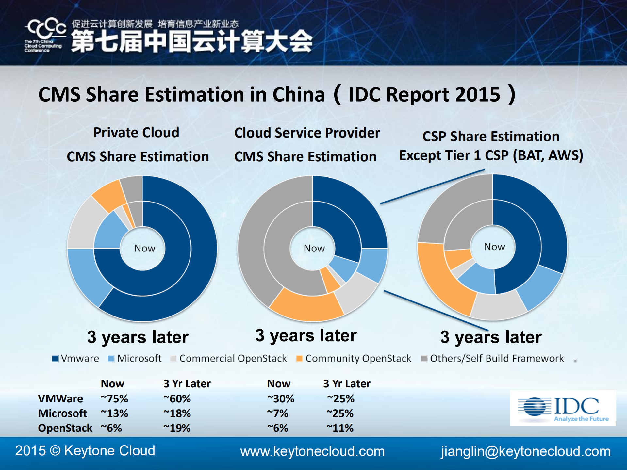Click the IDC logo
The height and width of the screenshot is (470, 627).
563,408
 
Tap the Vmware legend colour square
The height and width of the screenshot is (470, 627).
55,359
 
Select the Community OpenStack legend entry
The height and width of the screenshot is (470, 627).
354,359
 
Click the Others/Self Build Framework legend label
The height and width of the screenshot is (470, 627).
497,359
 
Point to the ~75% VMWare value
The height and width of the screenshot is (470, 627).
114,399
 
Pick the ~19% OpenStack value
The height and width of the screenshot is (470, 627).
177,428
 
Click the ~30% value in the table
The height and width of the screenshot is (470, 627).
281,399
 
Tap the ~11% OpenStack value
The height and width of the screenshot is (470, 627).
340,428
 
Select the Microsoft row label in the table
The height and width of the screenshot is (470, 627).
62,413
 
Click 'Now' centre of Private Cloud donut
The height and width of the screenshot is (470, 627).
144,249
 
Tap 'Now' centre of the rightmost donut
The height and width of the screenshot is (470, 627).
494,247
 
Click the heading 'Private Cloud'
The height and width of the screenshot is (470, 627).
136,133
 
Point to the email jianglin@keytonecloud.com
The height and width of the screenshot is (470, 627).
525,451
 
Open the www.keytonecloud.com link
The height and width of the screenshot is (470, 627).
312,451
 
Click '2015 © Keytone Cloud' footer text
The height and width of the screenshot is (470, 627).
85,451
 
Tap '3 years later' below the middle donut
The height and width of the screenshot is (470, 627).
306,336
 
